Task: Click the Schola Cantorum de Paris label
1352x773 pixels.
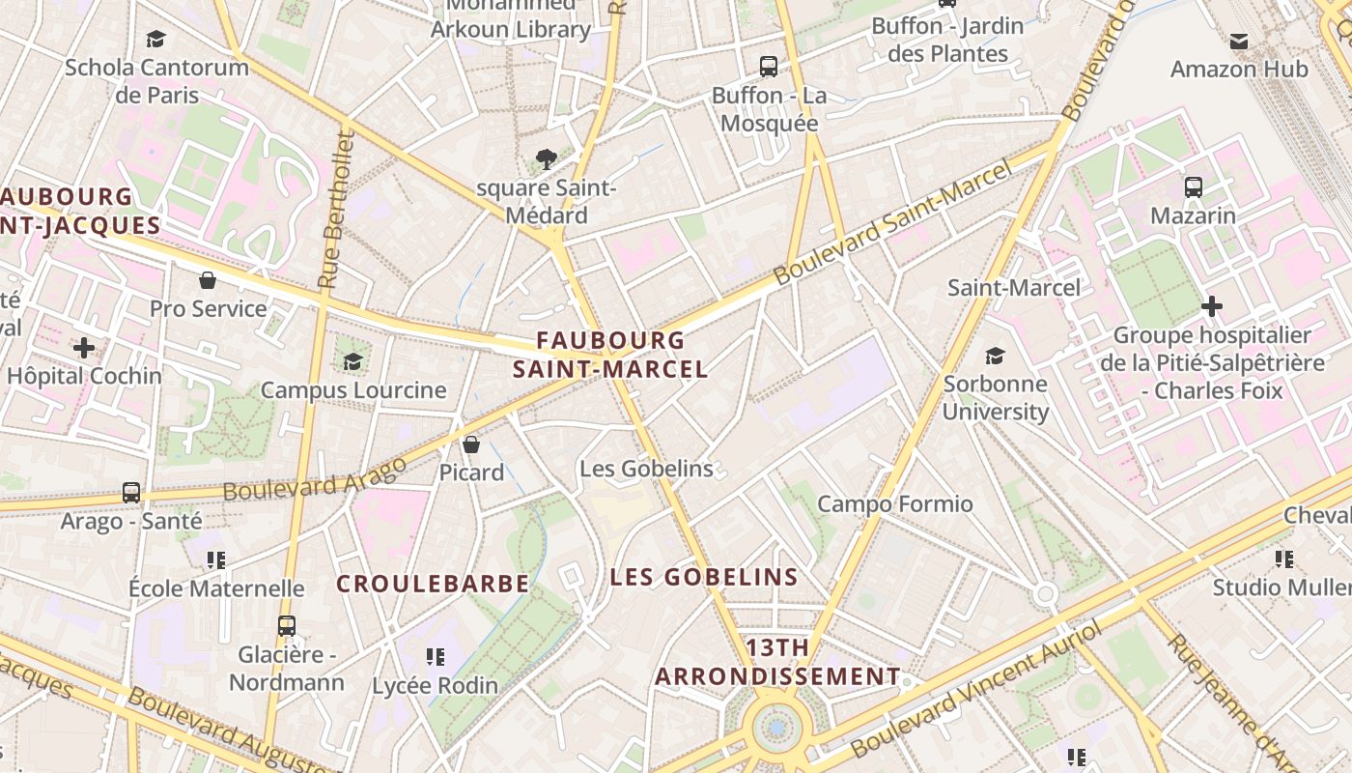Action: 156,81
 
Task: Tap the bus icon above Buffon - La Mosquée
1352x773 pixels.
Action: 769,67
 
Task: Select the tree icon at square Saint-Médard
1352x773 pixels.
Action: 546,158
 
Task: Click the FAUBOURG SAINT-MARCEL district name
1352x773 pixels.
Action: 610,355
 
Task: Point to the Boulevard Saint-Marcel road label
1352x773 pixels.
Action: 893,222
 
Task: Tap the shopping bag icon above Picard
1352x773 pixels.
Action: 471,444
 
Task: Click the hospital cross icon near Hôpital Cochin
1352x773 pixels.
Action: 84,347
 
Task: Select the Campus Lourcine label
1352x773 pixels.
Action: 353,390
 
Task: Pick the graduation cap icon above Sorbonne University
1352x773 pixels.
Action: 995,356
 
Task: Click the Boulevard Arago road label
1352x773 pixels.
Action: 315,479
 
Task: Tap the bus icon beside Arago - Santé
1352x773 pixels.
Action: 131,493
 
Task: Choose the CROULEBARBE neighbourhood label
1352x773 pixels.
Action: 433,584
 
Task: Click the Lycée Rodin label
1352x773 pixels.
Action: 436,685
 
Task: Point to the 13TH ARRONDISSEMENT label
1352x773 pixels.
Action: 777,662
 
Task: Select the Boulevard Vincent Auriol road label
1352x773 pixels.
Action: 975,690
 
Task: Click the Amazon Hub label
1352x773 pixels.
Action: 1239,69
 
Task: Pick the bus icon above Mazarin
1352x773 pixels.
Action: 1194,187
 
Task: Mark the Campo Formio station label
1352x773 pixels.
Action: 895,503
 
